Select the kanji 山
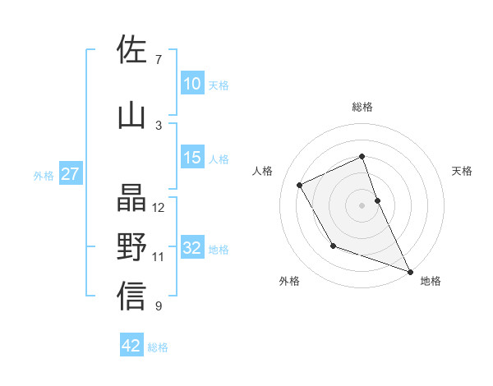coord(131,116)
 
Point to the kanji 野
coord(131,247)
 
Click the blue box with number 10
coord(192,84)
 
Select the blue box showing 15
coord(192,158)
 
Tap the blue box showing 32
coord(192,248)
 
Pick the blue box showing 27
coord(70,174)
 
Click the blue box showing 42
coord(131,346)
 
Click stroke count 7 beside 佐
coord(158,60)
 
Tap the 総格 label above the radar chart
coord(362,107)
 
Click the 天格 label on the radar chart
coord(462,171)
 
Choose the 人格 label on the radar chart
coord(262,171)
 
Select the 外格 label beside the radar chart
coord(289,281)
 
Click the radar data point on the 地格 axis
coord(410,271)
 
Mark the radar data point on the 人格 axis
coord(300,185)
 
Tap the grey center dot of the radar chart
coord(362,204)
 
